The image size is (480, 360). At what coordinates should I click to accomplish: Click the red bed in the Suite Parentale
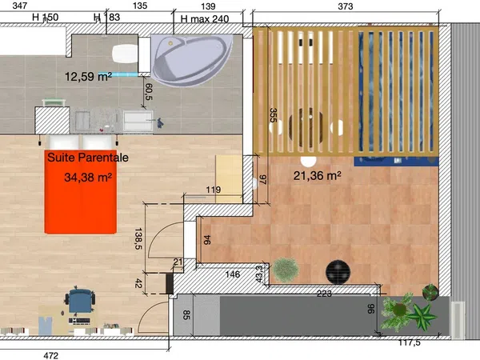pos(81,192)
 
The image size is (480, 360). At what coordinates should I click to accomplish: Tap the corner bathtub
pos(192,60)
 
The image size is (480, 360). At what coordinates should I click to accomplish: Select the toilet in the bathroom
pos(125,54)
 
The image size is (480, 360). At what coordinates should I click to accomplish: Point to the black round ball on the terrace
pos(338,272)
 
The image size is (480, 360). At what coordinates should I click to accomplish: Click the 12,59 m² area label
pos(88,77)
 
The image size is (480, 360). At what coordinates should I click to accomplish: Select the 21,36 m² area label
pos(317,176)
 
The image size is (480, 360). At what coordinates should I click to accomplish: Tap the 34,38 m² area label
pos(88,178)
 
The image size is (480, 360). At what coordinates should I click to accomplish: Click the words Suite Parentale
pos(88,158)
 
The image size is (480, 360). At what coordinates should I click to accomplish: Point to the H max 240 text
pos(205,19)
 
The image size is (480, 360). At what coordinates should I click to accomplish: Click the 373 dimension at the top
pos(346,6)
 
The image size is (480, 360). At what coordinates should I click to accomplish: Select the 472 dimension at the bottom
pos(51,355)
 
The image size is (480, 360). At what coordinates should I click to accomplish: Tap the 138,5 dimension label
pos(138,238)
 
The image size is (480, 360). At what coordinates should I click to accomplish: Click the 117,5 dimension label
pos(410,342)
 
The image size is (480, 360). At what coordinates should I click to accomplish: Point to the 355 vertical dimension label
pos(273,115)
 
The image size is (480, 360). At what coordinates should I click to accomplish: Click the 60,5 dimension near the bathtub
pos(149,92)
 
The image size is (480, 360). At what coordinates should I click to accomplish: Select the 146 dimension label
pos(232,274)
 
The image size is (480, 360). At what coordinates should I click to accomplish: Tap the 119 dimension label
pos(214,190)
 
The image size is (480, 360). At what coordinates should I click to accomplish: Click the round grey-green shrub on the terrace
pos(286,270)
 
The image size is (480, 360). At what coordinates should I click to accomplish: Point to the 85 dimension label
pos(186,315)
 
